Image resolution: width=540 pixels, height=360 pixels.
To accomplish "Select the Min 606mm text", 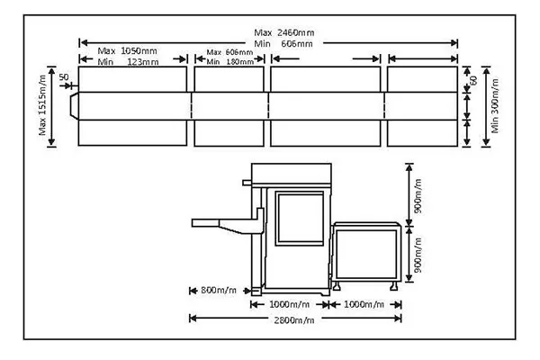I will [283, 42].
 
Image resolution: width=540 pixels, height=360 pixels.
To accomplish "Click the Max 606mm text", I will [229, 52].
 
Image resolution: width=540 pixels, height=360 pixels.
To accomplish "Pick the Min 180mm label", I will [229, 61].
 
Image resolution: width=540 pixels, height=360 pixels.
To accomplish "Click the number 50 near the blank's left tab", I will [63, 77].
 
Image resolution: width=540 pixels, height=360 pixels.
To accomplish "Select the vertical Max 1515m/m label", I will [42, 106].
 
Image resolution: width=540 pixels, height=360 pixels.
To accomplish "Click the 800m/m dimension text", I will [217, 290].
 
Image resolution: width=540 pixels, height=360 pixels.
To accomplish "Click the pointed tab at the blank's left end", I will [73, 105].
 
